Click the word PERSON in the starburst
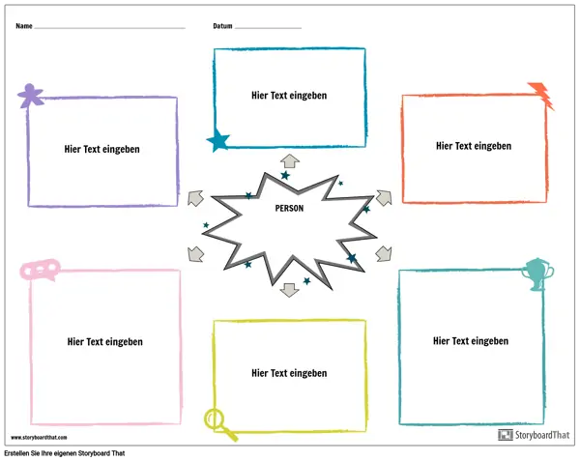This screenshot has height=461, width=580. tap(289, 209)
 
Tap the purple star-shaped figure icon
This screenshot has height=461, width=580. tap(30, 96)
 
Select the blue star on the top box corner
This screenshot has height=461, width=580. tap(218, 140)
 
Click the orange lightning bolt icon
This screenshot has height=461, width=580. tap(541, 96)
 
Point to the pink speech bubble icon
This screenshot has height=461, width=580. tap(40, 270)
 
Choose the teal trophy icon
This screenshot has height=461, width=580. tap(537, 274)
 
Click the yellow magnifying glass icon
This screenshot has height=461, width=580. tap(220, 424)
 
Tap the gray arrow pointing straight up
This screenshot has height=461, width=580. tap(290, 161)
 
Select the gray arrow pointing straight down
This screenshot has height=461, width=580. tap(290, 290)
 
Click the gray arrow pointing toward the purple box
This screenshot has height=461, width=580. tap(195, 198)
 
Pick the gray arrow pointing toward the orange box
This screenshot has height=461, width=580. tap(384, 198)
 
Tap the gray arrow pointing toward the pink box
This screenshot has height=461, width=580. tap(195, 254)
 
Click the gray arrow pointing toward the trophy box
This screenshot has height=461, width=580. tap(384, 254)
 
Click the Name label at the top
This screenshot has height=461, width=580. tap(24, 26)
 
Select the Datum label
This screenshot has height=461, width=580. tap(222, 26)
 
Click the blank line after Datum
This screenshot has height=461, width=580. tap(268, 28)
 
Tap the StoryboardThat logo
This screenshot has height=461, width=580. tap(535, 435)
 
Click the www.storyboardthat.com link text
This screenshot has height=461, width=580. tap(39, 438)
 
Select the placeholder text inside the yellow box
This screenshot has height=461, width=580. tap(289, 373)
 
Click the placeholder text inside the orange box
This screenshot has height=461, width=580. tap(474, 146)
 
